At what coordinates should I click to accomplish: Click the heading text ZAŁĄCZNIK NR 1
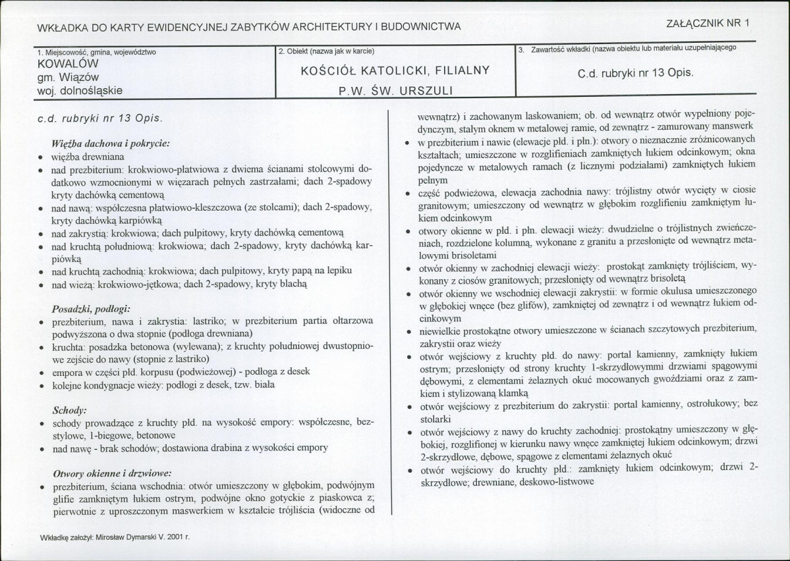coord(708,21)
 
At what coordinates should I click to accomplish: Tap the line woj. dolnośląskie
coord(81,90)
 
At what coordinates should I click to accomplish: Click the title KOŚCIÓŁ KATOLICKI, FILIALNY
coord(394,70)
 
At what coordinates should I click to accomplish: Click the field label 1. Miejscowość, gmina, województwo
coord(98,51)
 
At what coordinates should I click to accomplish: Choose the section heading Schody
coord(69,409)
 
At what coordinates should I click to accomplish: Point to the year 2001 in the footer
coord(175,537)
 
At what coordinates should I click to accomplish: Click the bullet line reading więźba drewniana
coord(88,157)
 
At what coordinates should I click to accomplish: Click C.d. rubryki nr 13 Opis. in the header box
coord(635,73)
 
